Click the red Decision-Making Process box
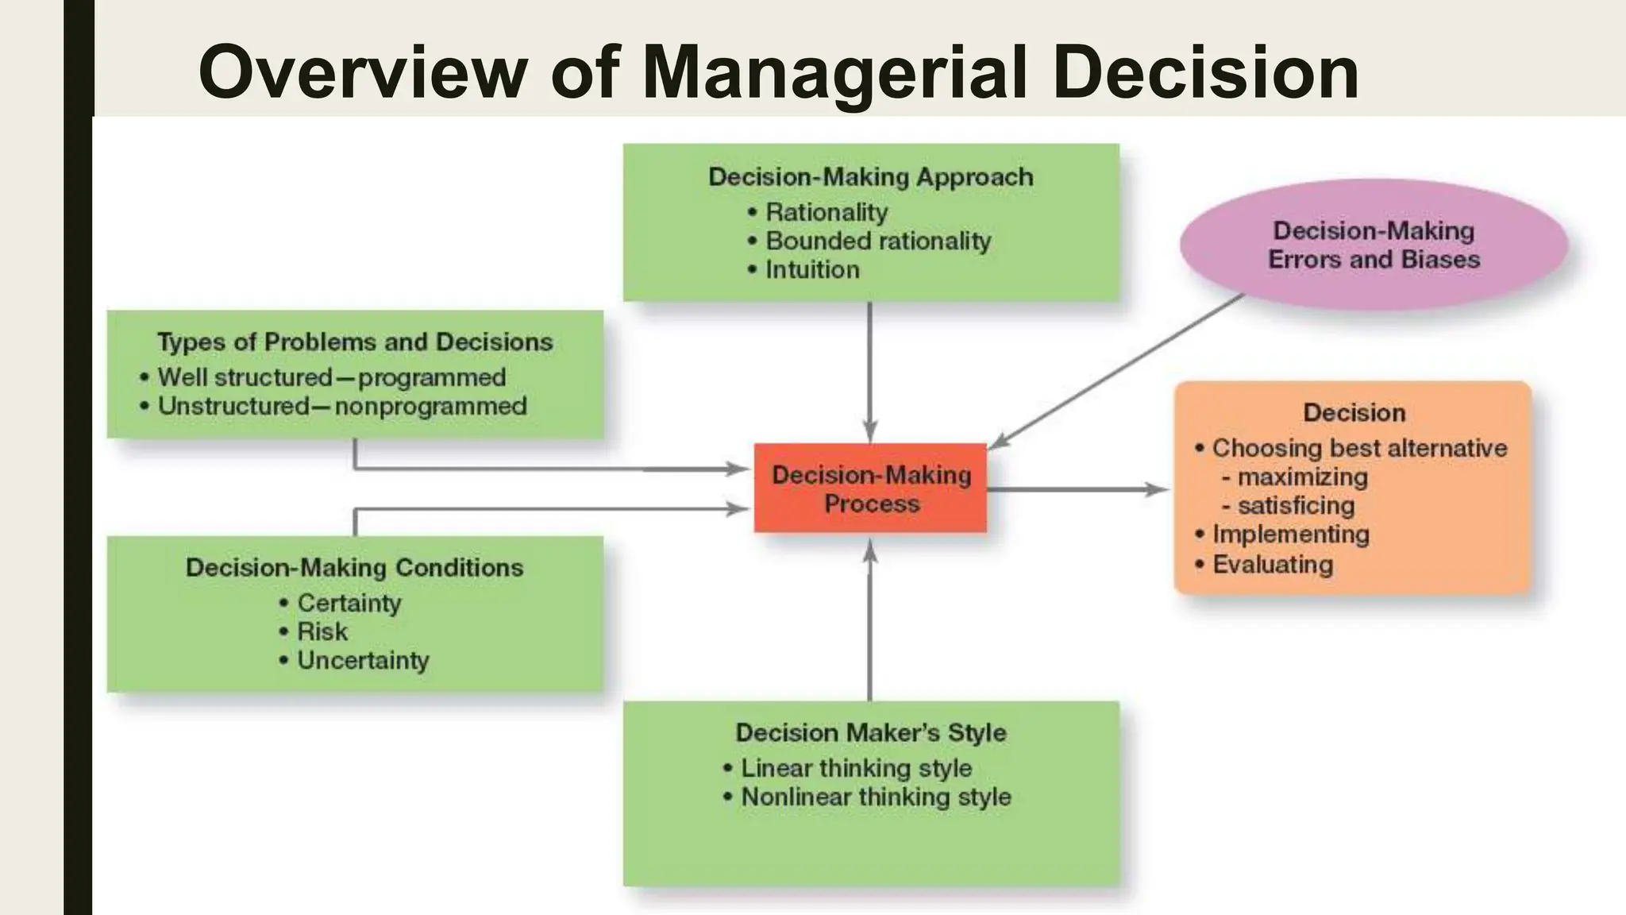870,488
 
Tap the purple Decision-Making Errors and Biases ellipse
1374,245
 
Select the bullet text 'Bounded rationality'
878,241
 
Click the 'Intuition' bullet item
812,270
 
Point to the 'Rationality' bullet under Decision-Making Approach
826,212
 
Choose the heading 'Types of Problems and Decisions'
355,342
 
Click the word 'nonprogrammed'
431,406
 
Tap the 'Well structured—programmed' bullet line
332,377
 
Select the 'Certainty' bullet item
349,603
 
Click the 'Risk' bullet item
322,631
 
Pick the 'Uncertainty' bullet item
363,660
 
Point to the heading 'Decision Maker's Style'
871,732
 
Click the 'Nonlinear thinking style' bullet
876,797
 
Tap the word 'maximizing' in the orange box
1303,477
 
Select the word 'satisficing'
1297,505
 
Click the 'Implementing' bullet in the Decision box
1291,535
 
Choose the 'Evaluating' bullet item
1273,565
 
